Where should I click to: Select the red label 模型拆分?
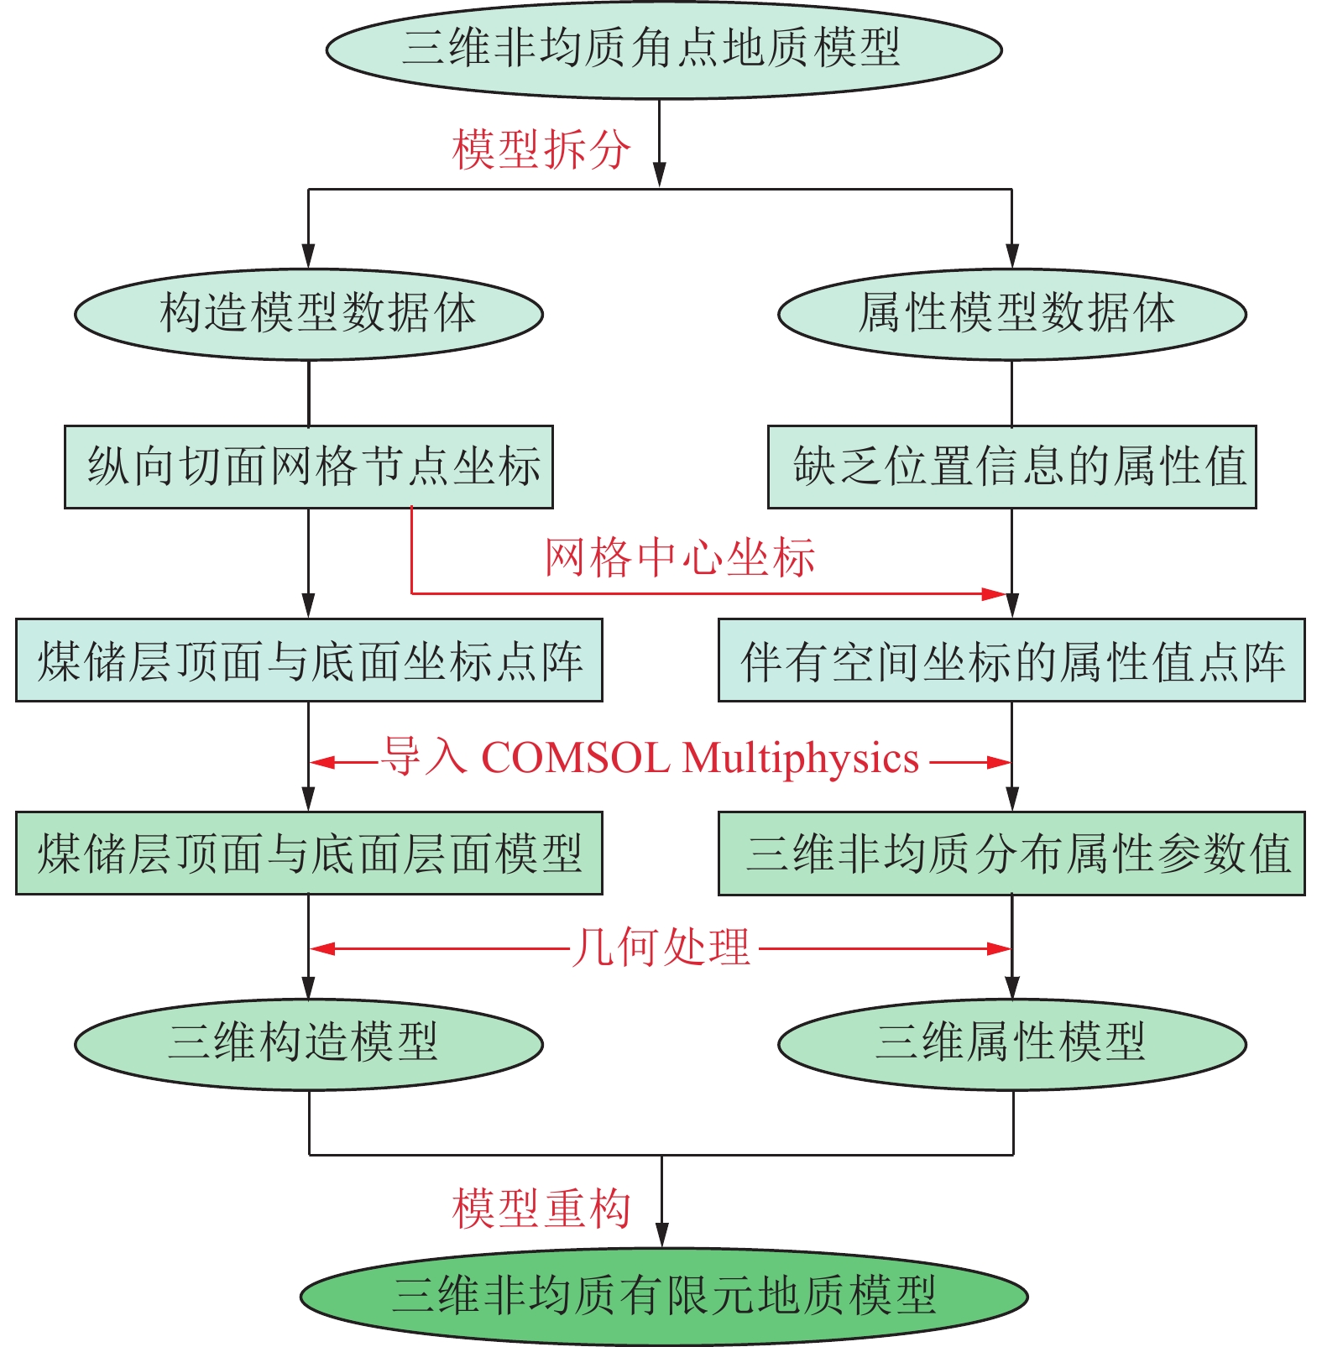(541, 150)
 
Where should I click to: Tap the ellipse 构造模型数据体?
(309, 315)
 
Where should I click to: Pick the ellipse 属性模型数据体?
(1012, 315)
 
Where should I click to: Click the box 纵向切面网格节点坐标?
(309, 467)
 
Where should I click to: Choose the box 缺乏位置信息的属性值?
(1012, 467)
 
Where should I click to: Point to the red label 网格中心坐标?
(680, 558)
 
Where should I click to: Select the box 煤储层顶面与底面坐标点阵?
(309, 660)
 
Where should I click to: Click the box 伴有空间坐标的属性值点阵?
(1012, 660)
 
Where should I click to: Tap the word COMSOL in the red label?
(576, 758)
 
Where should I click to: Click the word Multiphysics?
(801, 760)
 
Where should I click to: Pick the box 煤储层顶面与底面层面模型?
(309, 854)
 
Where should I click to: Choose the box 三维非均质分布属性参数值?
(1012, 854)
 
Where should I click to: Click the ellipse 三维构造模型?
(309, 1045)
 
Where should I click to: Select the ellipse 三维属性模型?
(1012, 1045)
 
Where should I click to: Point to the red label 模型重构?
(541, 1209)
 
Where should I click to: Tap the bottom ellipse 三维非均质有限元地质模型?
(664, 1297)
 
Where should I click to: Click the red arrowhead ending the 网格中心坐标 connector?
(995, 594)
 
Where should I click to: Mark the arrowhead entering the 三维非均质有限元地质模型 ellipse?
(662, 1235)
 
